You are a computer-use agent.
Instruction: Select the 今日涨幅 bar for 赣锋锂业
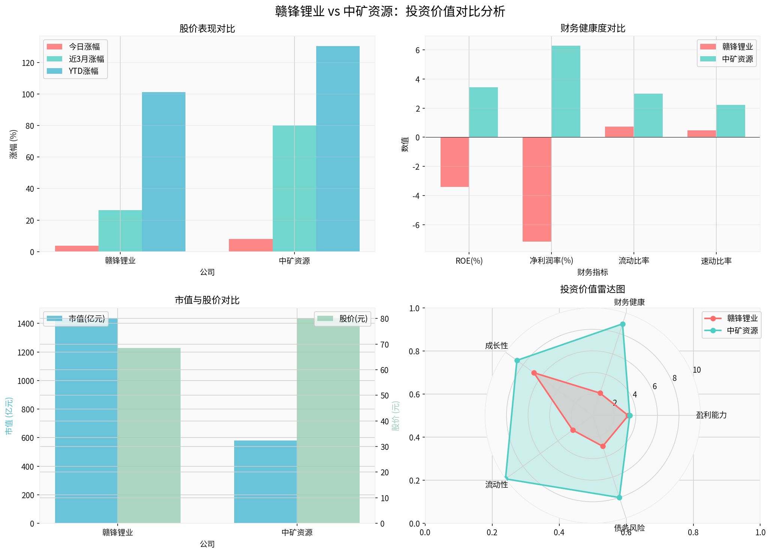point(76,248)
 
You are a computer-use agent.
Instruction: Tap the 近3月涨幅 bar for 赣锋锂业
point(120,231)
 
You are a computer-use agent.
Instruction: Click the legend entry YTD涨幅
point(83,71)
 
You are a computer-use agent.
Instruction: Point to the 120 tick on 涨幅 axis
point(28,63)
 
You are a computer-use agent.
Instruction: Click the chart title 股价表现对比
point(207,29)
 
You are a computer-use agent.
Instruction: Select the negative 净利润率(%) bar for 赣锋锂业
point(537,189)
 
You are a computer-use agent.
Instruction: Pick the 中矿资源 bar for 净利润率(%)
point(566,91)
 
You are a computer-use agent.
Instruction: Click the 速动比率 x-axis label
point(716,261)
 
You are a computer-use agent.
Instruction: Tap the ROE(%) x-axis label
point(469,261)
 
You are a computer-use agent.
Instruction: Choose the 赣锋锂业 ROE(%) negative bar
point(454,162)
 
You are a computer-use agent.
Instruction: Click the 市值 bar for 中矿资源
point(265,482)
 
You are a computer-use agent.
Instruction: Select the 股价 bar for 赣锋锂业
point(149,435)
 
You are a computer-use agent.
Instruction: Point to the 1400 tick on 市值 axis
point(26,324)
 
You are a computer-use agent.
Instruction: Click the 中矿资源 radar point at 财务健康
point(623,324)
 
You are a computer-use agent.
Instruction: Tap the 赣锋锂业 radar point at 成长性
point(534,373)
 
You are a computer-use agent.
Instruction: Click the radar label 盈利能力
point(711,415)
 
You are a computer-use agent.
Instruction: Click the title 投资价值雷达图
point(592,289)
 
